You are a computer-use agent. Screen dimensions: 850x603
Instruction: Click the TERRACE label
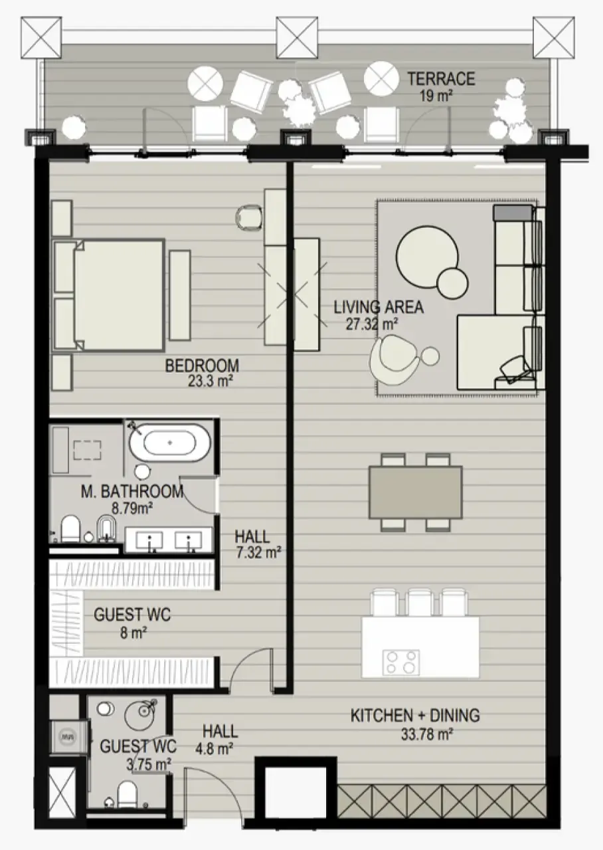(x=441, y=79)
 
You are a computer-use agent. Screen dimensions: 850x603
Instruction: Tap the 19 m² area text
(x=436, y=95)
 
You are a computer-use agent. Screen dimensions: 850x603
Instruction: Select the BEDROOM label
(x=202, y=366)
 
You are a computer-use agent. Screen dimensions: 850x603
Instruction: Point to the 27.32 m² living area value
(x=372, y=324)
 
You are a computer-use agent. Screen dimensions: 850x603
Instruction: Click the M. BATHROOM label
(x=131, y=492)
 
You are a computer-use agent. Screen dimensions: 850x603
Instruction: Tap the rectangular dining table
(x=415, y=492)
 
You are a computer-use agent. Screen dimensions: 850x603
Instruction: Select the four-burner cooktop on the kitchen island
(x=401, y=663)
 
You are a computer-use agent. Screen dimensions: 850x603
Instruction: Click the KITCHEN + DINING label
(x=415, y=716)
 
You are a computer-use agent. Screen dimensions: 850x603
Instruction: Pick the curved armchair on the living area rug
(x=392, y=360)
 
